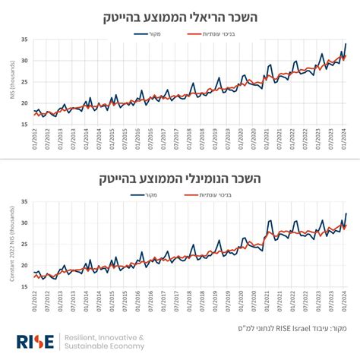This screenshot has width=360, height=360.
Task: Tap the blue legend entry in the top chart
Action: click(x=146, y=34)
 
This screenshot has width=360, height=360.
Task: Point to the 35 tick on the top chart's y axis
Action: click(x=24, y=39)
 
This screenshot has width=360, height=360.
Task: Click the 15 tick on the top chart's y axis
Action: click(x=24, y=124)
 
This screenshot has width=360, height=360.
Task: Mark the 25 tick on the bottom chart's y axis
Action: click(x=24, y=245)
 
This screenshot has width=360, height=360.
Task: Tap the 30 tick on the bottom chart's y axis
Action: click(x=24, y=223)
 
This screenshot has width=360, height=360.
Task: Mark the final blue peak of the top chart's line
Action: click(x=346, y=44)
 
